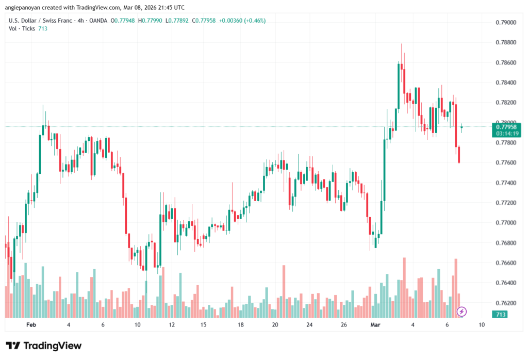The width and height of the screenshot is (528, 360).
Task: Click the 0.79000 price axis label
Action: [505, 23]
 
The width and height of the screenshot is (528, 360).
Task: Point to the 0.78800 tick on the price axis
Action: [505, 42]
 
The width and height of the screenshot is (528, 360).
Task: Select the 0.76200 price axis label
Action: [505, 303]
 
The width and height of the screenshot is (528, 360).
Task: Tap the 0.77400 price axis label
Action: [505, 183]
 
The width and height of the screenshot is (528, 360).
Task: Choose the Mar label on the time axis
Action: [375, 325]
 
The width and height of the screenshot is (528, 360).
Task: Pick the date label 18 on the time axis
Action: [241, 325]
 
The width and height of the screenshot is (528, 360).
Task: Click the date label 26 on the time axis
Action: [343, 325]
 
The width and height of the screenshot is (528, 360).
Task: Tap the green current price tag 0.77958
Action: [506, 126]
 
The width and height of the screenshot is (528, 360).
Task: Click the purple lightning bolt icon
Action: [462, 311]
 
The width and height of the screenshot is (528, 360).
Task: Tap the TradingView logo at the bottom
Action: [44, 346]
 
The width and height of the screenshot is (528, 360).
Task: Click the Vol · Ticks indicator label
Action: [22, 29]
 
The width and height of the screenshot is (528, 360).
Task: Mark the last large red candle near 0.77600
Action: [459, 154]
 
